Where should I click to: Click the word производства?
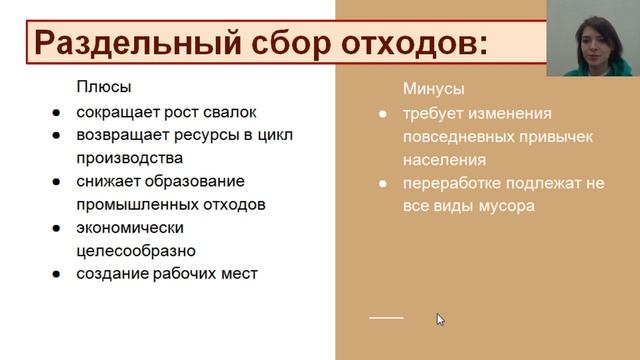pyautogui.click(x=131, y=157)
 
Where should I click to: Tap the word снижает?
pyautogui.click(x=108, y=181)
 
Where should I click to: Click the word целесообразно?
pyautogui.click(x=136, y=250)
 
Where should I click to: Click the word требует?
pyautogui.click(x=433, y=113)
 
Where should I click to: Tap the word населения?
pyautogui.click(x=445, y=159)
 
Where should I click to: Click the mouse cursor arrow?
pyautogui.click(x=439, y=319)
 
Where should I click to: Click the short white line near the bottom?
pyautogui.click(x=386, y=317)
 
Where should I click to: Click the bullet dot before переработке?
pyautogui.click(x=382, y=184)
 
